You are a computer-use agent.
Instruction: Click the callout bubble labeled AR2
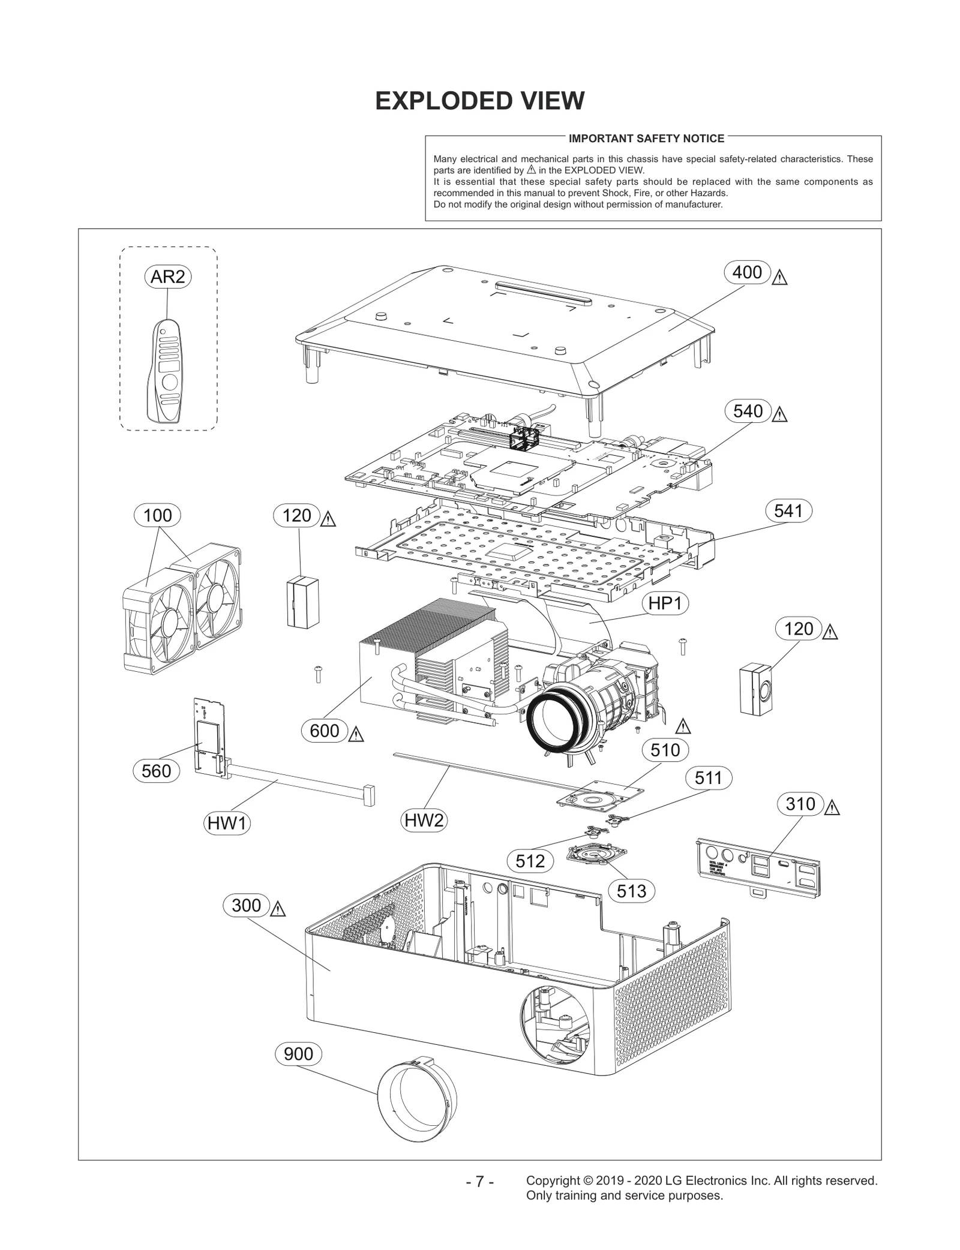(168, 277)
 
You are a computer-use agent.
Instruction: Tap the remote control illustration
(166, 372)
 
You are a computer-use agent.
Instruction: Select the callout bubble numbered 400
(747, 272)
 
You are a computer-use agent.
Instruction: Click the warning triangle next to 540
(779, 414)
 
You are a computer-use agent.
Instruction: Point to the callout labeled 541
(788, 510)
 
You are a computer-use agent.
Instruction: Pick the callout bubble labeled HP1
(665, 603)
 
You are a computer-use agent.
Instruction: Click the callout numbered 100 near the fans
(158, 515)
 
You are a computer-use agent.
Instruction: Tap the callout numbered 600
(325, 731)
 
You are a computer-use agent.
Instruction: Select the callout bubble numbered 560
(156, 771)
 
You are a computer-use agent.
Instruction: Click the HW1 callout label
(227, 824)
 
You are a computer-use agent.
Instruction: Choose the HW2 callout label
(424, 820)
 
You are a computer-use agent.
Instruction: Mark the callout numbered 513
(631, 891)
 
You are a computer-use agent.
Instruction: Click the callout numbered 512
(530, 861)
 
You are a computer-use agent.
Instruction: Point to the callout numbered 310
(800, 804)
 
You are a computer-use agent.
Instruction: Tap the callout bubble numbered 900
(298, 1054)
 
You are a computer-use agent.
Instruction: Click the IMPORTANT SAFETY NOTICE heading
(646, 139)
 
